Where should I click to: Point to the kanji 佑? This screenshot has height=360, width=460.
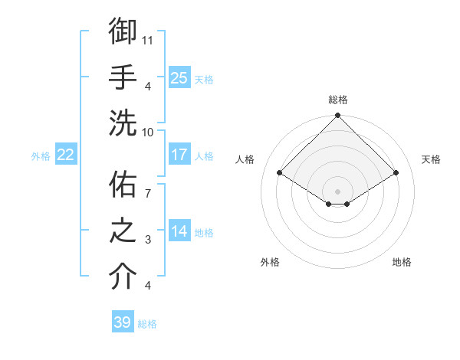click(123, 185)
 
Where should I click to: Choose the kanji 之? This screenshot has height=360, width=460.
click(123, 231)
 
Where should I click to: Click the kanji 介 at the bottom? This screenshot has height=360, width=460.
click(123, 277)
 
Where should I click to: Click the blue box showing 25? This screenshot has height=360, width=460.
click(179, 77)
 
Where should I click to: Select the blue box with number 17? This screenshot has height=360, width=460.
click(179, 155)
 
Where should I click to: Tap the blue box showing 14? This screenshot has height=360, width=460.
click(179, 232)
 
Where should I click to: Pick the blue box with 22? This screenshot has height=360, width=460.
click(66, 155)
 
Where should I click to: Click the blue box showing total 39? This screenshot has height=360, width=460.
click(123, 322)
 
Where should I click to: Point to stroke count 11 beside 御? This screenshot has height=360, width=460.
click(149, 39)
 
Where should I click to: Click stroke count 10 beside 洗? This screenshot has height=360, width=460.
click(149, 131)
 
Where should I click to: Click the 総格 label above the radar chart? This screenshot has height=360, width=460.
click(337, 100)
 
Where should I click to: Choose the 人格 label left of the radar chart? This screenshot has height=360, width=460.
click(245, 159)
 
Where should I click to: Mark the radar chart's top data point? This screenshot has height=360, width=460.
click(337, 116)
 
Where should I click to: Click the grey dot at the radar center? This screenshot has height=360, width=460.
click(337, 190)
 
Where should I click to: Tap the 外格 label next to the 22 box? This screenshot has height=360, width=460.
click(41, 156)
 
